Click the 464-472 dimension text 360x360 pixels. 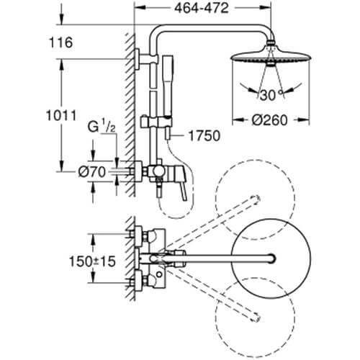pos(201,8)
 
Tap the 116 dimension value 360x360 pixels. pos(60,42)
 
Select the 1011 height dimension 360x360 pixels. pos(61,115)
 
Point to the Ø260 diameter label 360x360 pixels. pos(269,120)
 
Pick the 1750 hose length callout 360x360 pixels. pos(204,135)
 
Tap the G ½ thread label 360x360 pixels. pos(102,127)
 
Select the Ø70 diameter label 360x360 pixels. pos(92,172)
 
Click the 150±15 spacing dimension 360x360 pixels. pos(92,261)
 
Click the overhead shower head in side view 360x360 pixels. pos(271,55)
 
